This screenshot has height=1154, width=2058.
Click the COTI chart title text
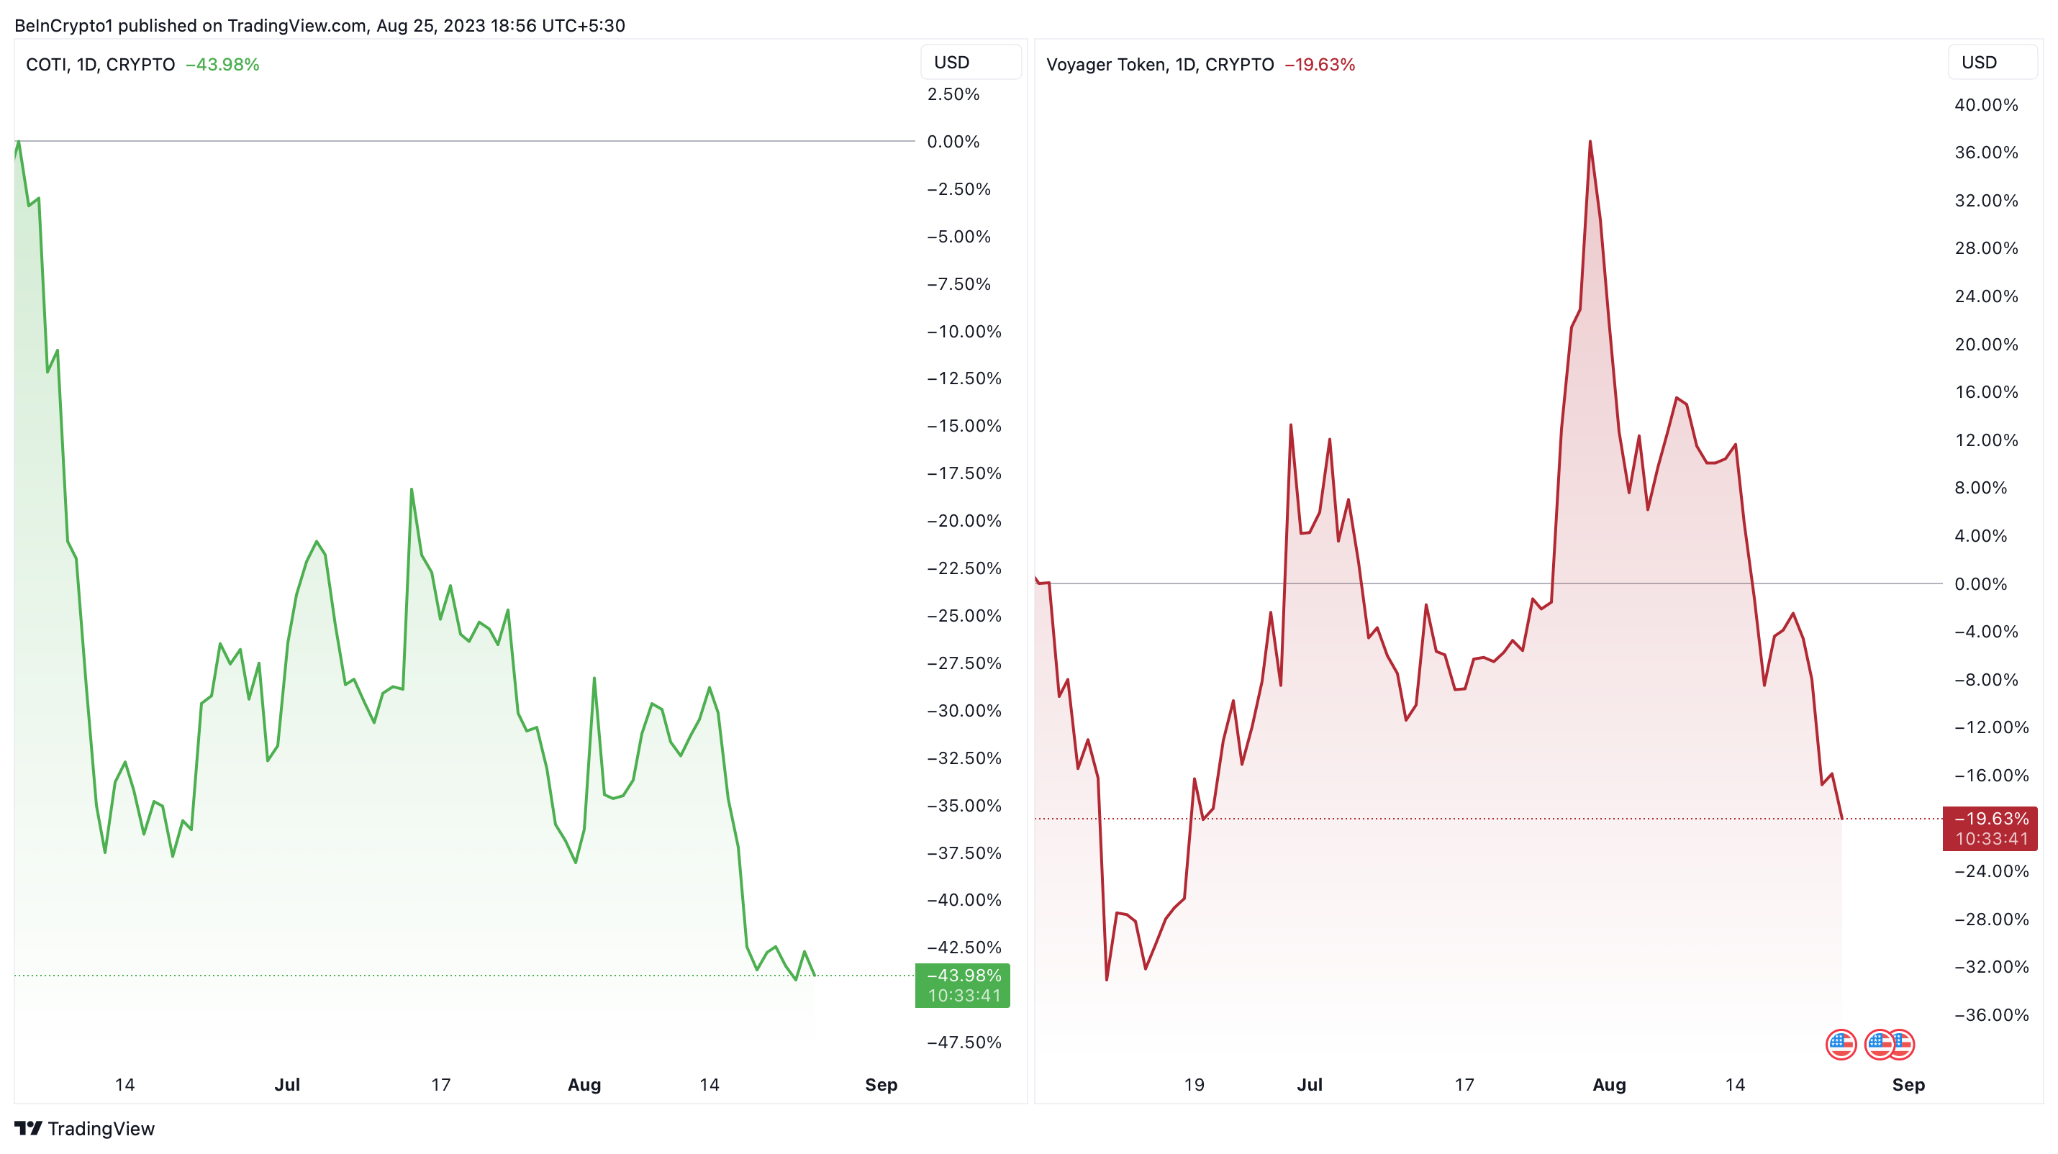[x=100, y=65]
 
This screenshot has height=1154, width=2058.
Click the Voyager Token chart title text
[x=1159, y=65]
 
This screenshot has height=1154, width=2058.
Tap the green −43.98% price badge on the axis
[x=963, y=985]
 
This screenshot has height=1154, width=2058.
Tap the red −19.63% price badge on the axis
[x=1990, y=828]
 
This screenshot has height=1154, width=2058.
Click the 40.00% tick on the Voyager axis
[x=1985, y=104]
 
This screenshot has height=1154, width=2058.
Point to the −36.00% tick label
[x=1991, y=1014]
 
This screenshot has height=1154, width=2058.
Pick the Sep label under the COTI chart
[x=881, y=1084]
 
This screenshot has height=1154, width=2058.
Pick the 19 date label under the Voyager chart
[x=1194, y=1084]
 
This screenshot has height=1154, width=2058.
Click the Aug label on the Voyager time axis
[x=1609, y=1084]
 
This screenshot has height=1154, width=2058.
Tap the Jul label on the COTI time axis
[x=287, y=1084]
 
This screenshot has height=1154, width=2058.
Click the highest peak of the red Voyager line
[x=1590, y=142]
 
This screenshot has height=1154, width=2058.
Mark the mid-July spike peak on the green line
[x=412, y=489]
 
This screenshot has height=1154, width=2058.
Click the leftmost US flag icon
[x=1841, y=1044]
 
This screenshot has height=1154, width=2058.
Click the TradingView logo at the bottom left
[x=85, y=1128]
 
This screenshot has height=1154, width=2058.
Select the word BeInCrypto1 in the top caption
[x=64, y=26]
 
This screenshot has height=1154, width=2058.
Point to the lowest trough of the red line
[x=1107, y=979]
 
